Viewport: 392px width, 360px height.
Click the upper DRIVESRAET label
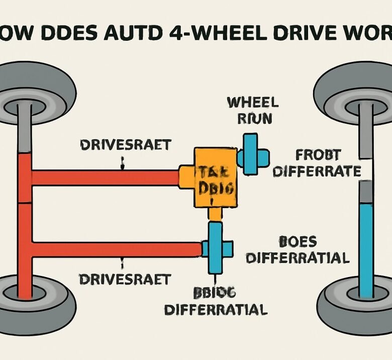pyautogui.click(x=125, y=145)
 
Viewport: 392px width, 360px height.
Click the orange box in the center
pyautogui.click(x=215, y=177)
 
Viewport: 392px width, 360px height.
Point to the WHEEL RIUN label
pyautogui.click(x=252, y=111)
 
